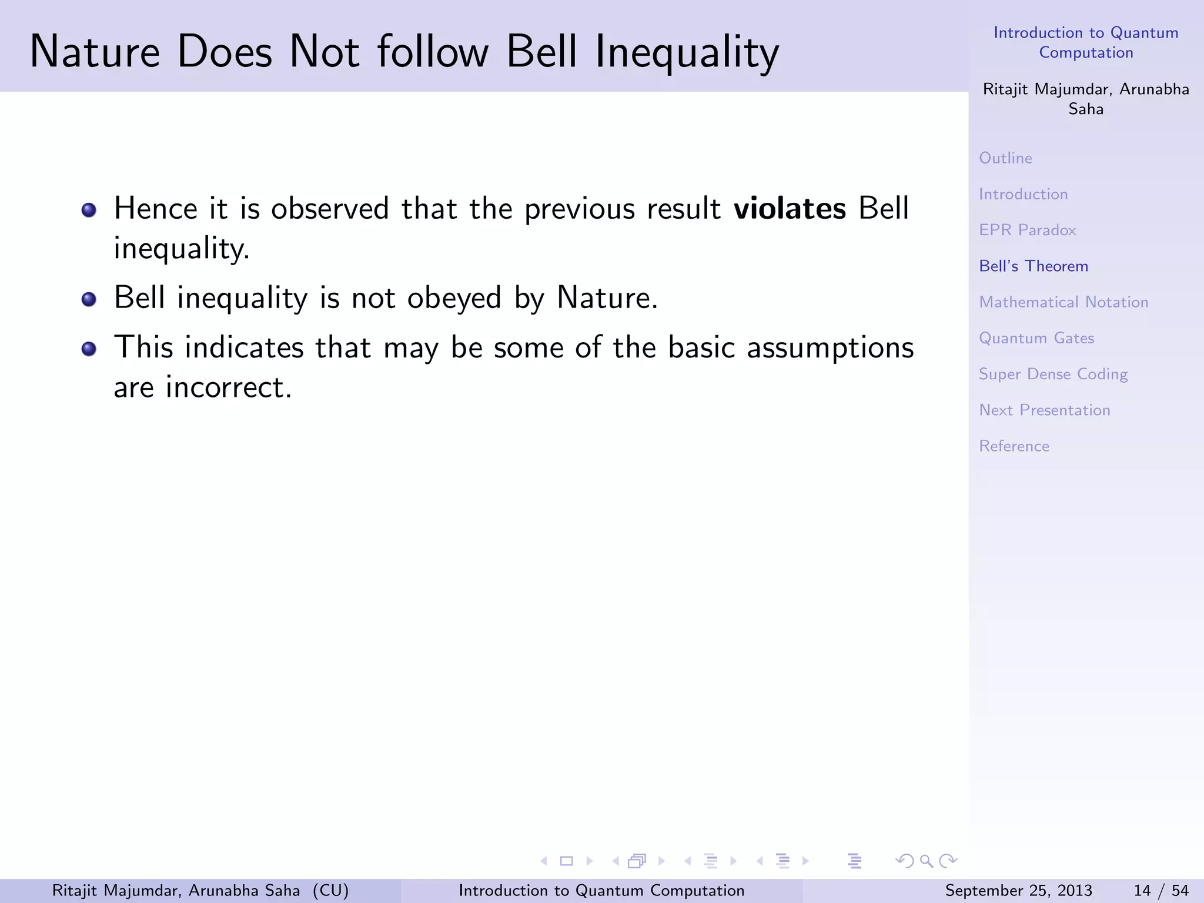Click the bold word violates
(790, 209)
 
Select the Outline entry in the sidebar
(1005, 158)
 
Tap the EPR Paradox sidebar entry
(1027, 230)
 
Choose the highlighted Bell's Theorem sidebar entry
(1034, 266)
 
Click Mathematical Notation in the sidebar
(1063, 302)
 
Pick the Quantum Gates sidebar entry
(1036, 338)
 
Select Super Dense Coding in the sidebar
(1053, 374)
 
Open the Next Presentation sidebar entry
(1044, 410)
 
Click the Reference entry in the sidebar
(1014, 446)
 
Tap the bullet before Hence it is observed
(89, 210)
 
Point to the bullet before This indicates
(89, 349)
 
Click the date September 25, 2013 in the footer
(1018, 891)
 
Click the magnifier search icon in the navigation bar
(926, 861)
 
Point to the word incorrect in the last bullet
(228, 387)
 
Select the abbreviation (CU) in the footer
(330, 891)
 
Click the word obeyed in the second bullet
(454, 298)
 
